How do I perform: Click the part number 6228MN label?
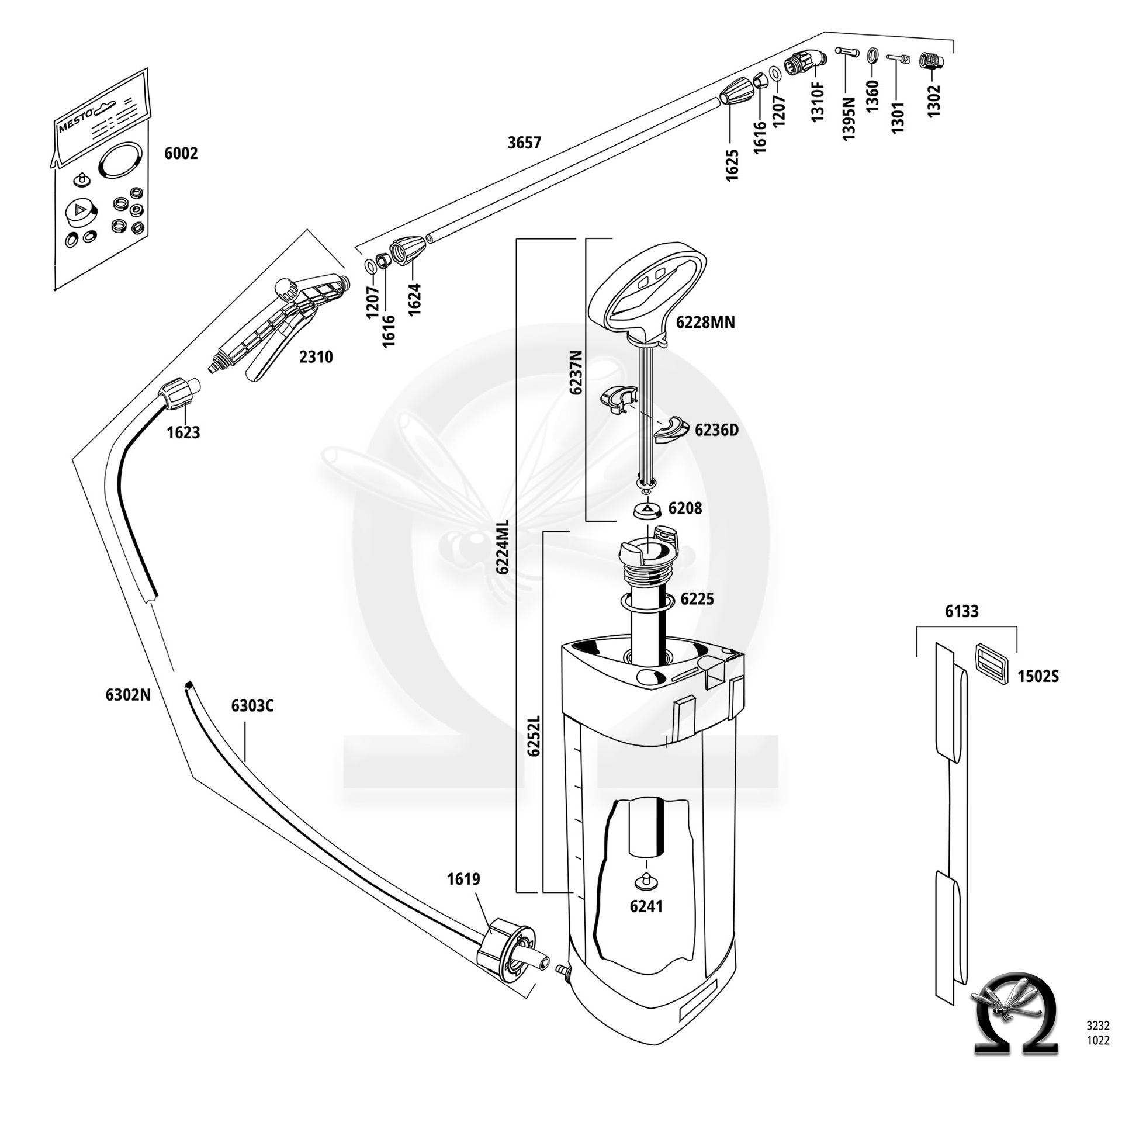[x=705, y=322]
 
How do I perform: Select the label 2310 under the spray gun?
[x=316, y=356]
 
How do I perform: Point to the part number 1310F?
[x=817, y=102]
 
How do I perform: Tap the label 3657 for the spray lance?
[x=524, y=143]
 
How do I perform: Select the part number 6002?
[x=181, y=154]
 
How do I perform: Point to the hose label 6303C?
[x=252, y=706]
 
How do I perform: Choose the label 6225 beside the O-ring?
[x=697, y=599]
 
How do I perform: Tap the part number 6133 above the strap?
[x=961, y=611]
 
